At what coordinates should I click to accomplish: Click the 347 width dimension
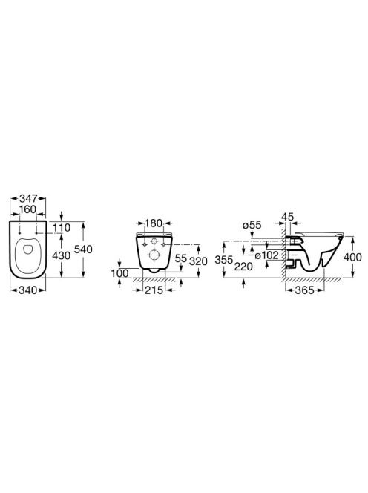pos(28,198)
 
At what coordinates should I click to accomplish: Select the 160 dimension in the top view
pos(28,209)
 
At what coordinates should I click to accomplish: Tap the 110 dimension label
pos(62,227)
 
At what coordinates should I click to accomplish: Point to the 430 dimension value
pos(61,255)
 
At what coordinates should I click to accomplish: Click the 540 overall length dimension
pos(83,249)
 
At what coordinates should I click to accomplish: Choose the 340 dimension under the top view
pos(28,290)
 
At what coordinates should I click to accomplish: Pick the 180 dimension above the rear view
pos(154,223)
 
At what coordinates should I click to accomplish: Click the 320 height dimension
pos(199,261)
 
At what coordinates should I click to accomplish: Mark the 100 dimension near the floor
pos(119,273)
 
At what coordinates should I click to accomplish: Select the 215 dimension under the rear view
pos(154,290)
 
